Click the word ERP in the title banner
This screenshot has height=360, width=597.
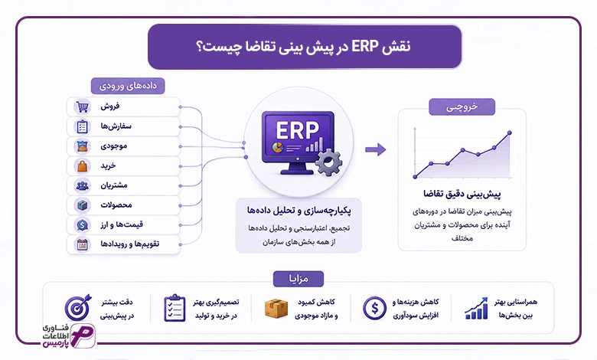(x=364, y=47)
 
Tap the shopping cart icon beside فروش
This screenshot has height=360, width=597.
(x=82, y=106)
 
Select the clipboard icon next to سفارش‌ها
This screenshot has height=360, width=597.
(x=82, y=126)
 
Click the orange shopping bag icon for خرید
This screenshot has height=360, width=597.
(x=82, y=166)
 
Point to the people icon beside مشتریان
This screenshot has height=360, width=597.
(x=82, y=186)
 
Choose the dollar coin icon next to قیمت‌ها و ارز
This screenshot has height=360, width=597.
(x=82, y=225)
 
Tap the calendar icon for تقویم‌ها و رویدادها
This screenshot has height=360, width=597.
(x=82, y=244)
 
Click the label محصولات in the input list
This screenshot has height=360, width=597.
(x=116, y=205)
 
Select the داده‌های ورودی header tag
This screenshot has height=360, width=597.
(x=128, y=86)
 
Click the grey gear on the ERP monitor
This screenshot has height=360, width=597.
(x=328, y=162)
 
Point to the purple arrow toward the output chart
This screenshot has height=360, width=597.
(x=375, y=149)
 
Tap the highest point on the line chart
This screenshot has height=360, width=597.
(x=510, y=133)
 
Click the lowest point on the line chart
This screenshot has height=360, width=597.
(x=415, y=177)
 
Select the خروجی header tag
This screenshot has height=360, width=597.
(x=462, y=107)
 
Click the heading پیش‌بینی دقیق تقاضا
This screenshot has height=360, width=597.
(x=462, y=194)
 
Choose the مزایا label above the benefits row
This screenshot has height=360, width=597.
(x=298, y=279)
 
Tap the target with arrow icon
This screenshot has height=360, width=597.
(x=77, y=307)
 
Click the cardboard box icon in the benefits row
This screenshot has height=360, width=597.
(x=276, y=308)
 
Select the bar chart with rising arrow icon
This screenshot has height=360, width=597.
(x=476, y=309)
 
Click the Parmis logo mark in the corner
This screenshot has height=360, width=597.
(x=83, y=335)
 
